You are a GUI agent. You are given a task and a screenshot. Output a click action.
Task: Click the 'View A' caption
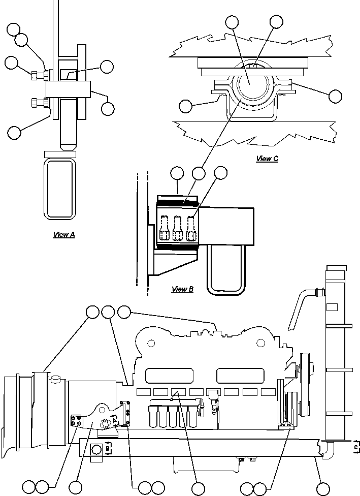click(64, 234)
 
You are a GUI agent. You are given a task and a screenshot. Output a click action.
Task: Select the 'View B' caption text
click(182, 289)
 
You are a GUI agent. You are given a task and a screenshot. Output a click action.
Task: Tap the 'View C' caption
click(267, 158)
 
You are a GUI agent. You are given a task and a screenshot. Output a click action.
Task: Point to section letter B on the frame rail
click(108, 448)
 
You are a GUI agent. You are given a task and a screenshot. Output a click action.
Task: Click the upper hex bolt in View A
click(40, 76)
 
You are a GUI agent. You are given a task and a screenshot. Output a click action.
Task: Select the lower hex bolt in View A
click(40, 103)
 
